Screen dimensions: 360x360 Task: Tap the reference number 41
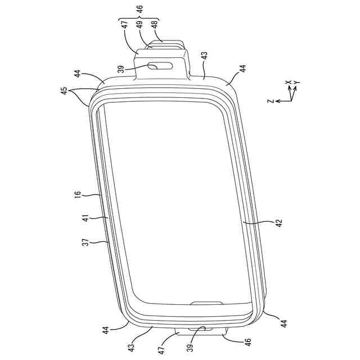(85, 218)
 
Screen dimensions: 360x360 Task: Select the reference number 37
(85, 242)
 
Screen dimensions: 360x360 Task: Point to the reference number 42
(279, 223)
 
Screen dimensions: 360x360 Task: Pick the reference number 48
(155, 23)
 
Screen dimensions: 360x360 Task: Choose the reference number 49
(140, 24)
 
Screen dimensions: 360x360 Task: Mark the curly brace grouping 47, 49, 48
(139, 17)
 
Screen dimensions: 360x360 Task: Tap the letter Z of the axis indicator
(271, 101)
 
